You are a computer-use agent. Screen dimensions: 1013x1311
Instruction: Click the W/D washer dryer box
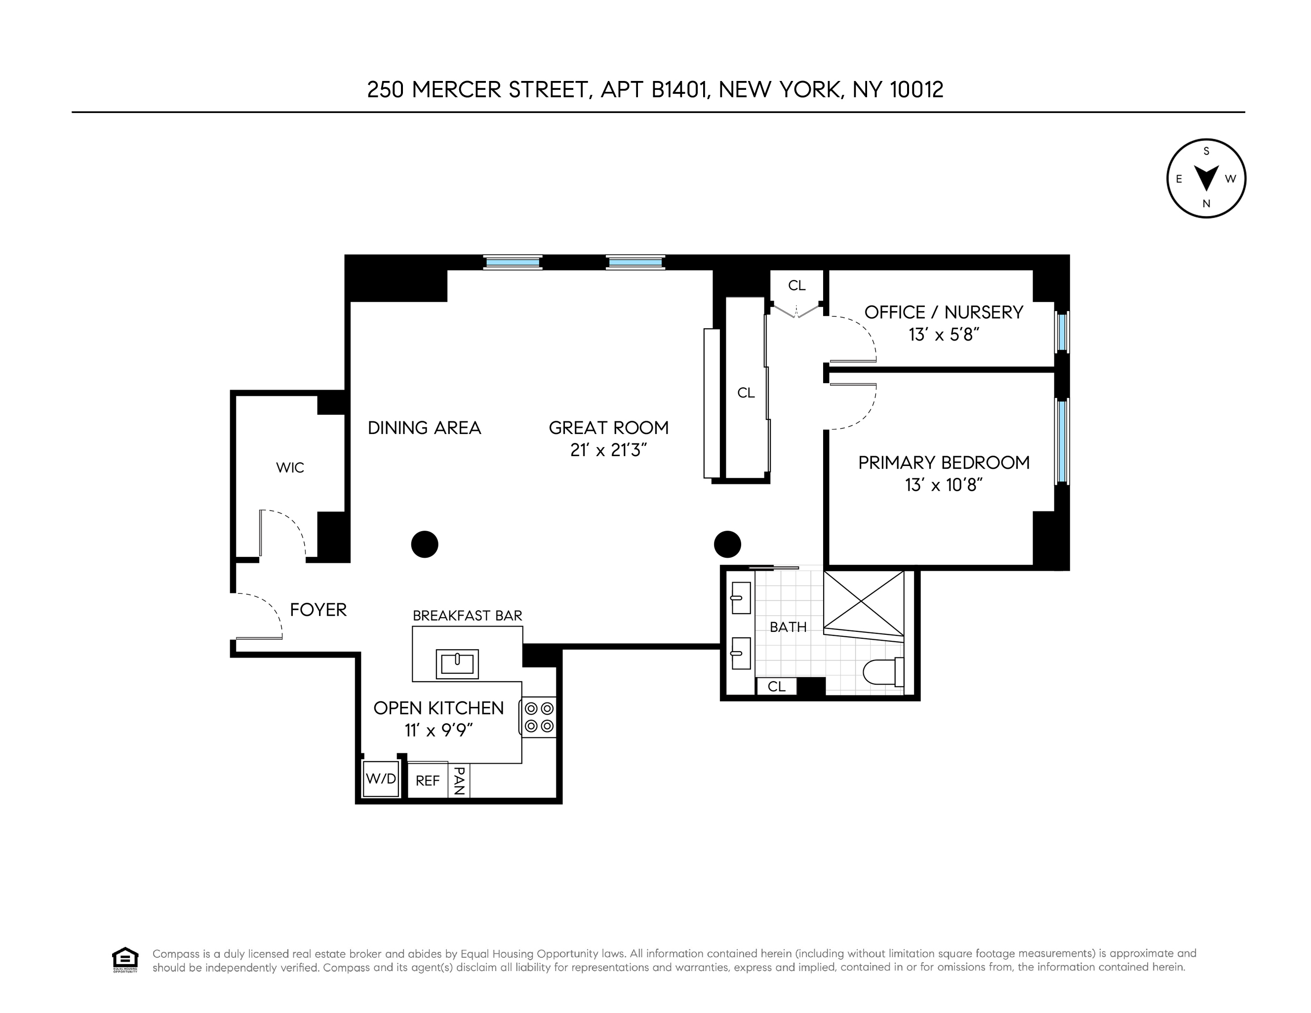(x=381, y=779)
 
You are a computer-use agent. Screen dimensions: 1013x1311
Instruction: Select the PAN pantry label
(x=459, y=780)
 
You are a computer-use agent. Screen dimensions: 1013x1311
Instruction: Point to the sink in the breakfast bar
(x=457, y=663)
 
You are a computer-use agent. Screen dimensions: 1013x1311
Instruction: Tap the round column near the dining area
(x=424, y=545)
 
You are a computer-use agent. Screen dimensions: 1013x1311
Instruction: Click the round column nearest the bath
(x=727, y=545)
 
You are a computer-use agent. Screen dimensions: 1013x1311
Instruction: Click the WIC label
(x=290, y=468)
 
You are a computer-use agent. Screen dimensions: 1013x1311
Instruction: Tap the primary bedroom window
(x=1062, y=441)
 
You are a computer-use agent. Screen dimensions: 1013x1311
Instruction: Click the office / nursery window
(x=1062, y=332)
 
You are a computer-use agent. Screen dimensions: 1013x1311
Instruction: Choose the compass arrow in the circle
(x=1206, y=178)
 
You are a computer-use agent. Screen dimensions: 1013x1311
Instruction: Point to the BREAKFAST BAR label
(x=467, y=616)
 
